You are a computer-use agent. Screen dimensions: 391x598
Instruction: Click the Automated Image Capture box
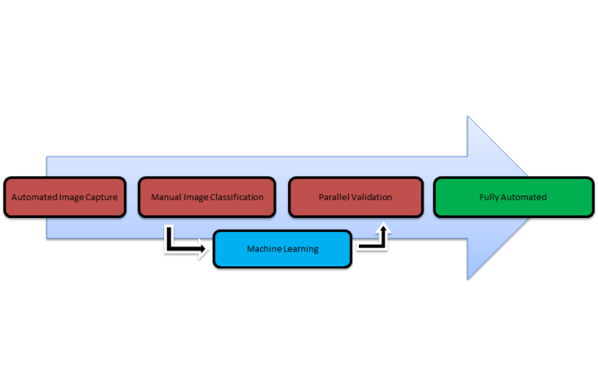point(65,197)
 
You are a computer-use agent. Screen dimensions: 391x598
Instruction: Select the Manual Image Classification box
point(206,197)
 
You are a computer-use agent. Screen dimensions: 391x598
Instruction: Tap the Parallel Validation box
point(355,197)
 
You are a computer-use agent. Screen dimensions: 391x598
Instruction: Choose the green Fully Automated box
point(512,197)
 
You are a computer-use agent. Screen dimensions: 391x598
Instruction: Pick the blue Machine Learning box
point(283,249)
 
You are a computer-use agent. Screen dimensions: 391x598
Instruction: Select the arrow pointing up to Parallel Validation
point(375,237)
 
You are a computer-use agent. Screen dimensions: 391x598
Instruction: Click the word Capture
point(101,197)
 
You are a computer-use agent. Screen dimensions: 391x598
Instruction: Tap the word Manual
point(166,197)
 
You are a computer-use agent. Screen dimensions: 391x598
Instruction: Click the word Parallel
point(333,197)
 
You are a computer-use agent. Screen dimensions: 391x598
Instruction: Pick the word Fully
point(489,197)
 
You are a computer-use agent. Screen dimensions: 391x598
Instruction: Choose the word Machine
point(265,249)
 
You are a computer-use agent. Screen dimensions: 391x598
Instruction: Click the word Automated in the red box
point(34,197)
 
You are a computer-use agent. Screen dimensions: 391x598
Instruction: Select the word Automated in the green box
point(523,197)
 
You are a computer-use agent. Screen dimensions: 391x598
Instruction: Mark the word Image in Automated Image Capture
point(72,197)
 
